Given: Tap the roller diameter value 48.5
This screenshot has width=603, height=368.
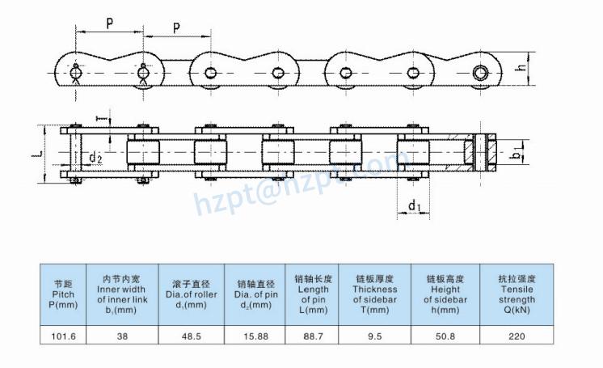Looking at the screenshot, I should pyautogui.click(x=191, y=336).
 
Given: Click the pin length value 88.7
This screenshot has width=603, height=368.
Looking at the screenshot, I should pyautogui.click(x=308, y=336).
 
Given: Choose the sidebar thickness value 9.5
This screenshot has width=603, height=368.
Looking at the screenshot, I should pyautogui.click(x=374, y=336).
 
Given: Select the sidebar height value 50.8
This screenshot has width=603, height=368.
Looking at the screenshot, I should pyautogui.click(x=445, y=336).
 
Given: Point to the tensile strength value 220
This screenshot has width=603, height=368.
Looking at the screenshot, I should pyautogui.click(x=516, y=336).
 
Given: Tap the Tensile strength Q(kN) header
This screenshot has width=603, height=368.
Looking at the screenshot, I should pyautogui.click(x=516, y=294).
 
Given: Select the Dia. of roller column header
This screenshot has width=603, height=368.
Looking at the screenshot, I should pyautogui.click(x=191, y=294).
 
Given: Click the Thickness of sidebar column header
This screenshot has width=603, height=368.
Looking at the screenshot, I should pyautogui.click(x=374, y=294).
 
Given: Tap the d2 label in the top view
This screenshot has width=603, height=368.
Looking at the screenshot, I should pyautogui.click(x=95, y=157).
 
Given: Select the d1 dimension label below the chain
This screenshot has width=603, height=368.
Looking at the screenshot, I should pyautogui.click(x=415, y=207).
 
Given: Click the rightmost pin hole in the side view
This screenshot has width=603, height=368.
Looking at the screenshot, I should pyautogui.click(x=481, y=73).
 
